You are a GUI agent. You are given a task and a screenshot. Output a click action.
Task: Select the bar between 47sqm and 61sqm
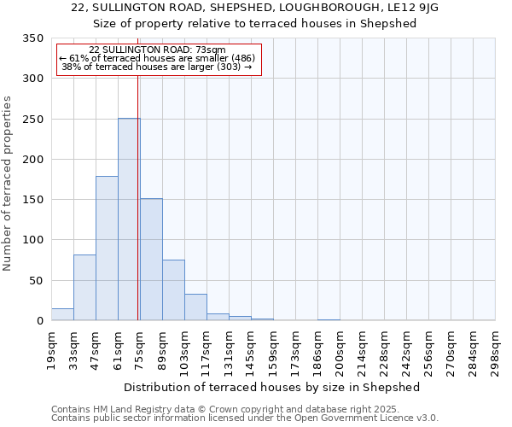[107, 249]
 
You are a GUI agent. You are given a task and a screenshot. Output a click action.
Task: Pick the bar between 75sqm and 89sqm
[151, 260]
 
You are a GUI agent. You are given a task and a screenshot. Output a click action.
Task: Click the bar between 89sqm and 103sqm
[173, 290]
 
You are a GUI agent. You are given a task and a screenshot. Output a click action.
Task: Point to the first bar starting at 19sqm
[62, 314]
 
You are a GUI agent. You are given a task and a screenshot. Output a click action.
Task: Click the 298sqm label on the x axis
[495, 350]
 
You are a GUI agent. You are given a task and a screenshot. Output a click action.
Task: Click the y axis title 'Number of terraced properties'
[8, 184]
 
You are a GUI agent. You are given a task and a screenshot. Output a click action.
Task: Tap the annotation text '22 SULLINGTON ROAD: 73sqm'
[157, 50]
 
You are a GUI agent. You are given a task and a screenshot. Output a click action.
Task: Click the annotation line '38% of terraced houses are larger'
[157, 67]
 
